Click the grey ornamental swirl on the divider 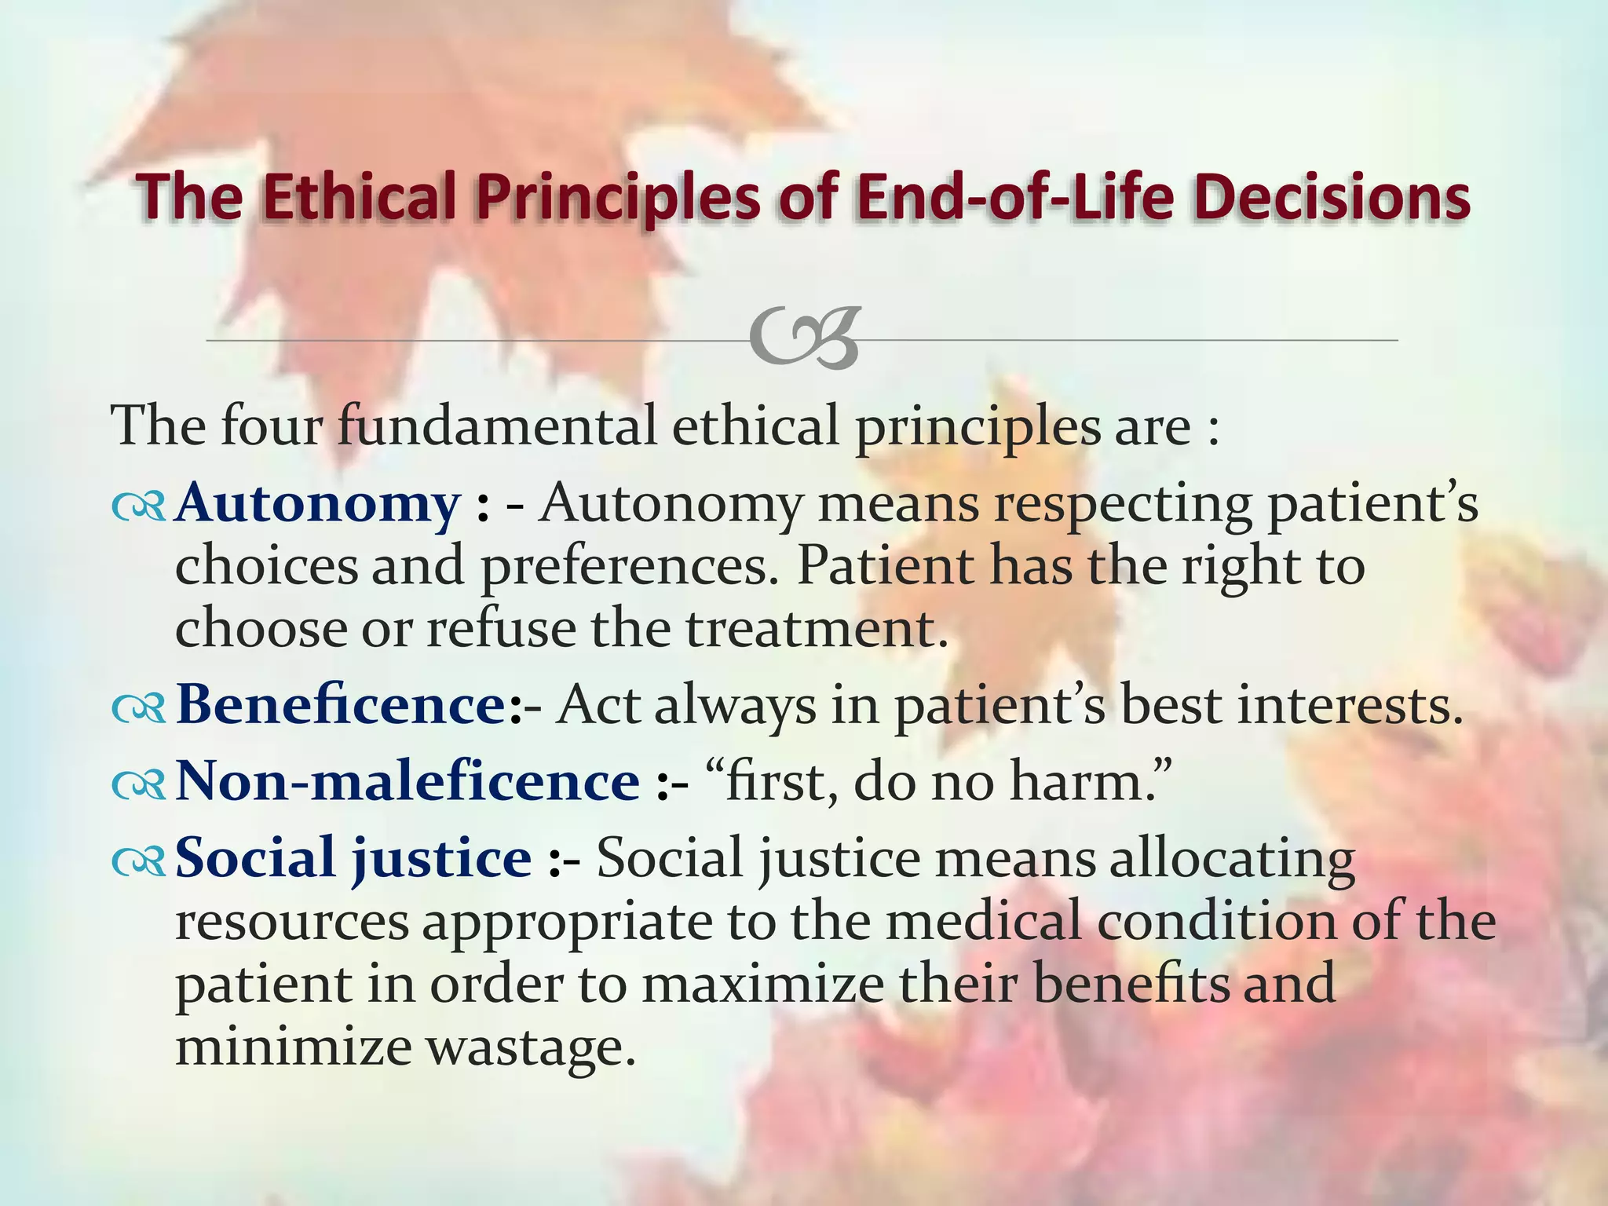coord(804,339)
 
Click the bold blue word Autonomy coord(317,502)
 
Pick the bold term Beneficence coord(342,704)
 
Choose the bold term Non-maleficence coord(407,781)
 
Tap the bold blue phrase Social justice coord(353,857)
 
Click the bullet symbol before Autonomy coord(138,507)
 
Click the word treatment coord(817,629)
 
